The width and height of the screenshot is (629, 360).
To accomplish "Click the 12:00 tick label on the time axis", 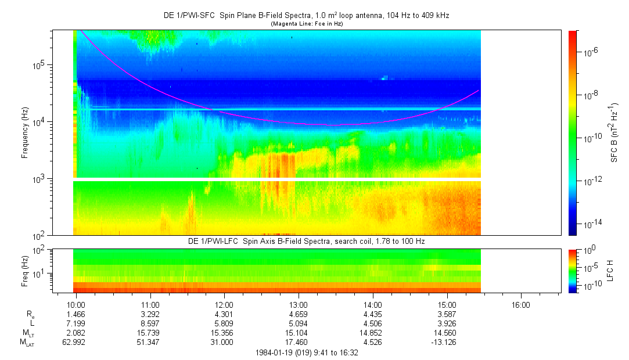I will click(224, 304).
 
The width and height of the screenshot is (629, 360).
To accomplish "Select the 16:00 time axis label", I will click(520, 304).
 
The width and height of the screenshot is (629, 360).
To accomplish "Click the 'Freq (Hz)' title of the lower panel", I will click(25, 271).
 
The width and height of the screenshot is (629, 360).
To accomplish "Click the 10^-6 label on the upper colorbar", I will click(592, 52).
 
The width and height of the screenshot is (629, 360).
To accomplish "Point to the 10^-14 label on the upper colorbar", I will click(593, 224).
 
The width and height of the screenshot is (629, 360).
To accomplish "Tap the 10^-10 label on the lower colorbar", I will click(592, 286).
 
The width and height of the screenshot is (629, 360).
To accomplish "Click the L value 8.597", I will click(150, 323).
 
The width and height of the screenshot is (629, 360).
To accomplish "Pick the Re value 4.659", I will click(298, 314).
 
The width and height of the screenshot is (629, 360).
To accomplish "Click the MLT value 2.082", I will click(76, 333).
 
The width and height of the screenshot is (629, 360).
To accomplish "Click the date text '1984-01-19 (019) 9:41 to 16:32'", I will click(306, 352).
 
